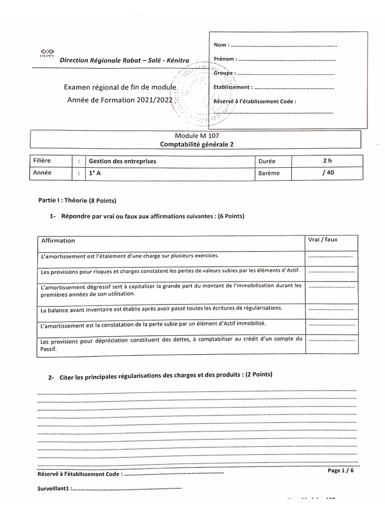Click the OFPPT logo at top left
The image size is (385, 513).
(x=47, y=53)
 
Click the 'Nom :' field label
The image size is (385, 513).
(x=222, y=46)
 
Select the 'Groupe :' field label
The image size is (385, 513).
(x=224, y=73)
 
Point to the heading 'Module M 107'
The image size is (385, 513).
(x=197, y=136)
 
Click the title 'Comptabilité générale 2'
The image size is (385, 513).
(x=197, y=144)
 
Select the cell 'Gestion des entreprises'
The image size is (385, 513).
(x=122, y=161)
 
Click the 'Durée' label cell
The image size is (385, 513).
(x=267, y=162)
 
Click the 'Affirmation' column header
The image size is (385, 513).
(x=58, y=240)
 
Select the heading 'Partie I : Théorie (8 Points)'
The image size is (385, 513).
(x=77, y=201)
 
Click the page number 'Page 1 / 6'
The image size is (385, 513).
(x=340, y=471)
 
